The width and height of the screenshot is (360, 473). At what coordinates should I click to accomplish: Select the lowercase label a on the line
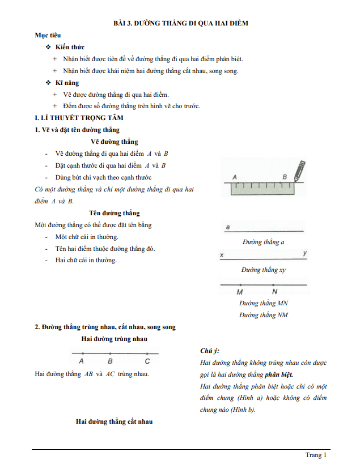pyautogui.click(x=227, y=228)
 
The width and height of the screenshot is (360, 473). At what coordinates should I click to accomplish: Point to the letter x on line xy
pyautogui.click(x=222, y=255)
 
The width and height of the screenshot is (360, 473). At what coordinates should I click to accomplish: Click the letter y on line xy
pyautogui.click(x=304, y=253)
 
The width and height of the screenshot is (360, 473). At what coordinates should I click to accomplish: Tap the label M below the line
pyautogui.click(x=240, y=292)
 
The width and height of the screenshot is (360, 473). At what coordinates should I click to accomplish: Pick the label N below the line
pyautogui.click(x=274, y=292)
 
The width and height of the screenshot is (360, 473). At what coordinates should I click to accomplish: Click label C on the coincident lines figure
pyautogui.click(x=147, y=361)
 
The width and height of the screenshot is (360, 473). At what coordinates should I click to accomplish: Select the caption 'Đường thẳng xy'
pyautogui.click(x=263, y=270)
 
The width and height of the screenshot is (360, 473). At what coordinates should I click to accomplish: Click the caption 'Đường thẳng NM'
pyautogui.click(x=263, y=315)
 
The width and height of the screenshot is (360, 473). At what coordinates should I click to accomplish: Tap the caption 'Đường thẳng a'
pyautogui.click(x=263, y=242)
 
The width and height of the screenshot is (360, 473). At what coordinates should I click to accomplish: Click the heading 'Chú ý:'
pyautogui.click(x=210, y=351)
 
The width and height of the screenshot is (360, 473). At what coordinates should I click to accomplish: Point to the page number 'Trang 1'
pyautogui.click(x=316, y=455)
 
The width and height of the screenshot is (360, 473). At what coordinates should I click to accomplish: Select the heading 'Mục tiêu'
pyautogui.click(x=48, y=35)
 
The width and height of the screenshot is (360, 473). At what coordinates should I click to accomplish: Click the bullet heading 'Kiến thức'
pyautogui.click(x=74, y=47)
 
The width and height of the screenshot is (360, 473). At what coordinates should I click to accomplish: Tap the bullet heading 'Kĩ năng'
pyautogui.click(x=71, y=83)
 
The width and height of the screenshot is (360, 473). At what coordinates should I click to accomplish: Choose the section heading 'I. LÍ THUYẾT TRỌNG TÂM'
pyautogui.click(x=79, y=118)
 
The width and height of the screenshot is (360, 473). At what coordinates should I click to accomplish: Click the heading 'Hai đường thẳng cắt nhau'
pyautogui.click(x=114, y=421)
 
